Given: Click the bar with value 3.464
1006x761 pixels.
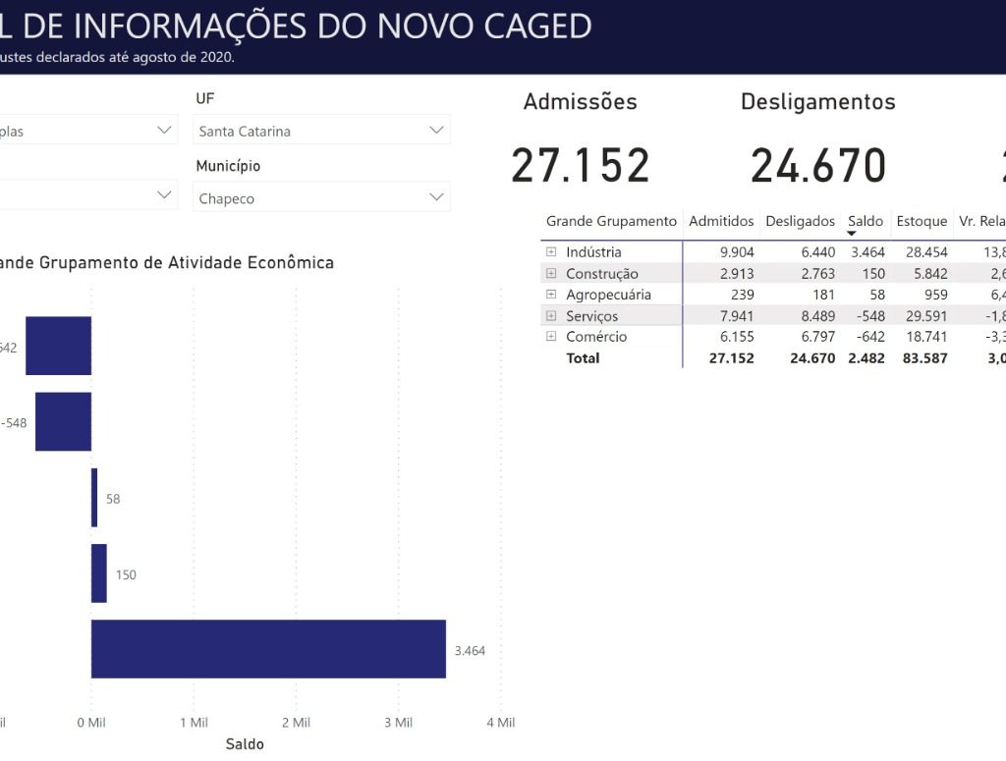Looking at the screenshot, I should [x=268, y=649].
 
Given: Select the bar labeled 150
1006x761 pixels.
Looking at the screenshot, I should [x=99, y=573].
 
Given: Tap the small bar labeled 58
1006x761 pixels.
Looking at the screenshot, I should [x=94, y=498].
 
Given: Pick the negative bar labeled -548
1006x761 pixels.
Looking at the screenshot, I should [x=63, y=421].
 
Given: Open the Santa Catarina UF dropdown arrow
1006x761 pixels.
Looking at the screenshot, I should [x=436, y=131].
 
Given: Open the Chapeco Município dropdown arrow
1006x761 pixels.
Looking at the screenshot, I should [x=436, y=198].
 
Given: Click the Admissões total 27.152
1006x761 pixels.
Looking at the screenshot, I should [x=581, y=166].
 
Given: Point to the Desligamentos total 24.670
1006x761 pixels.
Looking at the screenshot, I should [x=818, y=166].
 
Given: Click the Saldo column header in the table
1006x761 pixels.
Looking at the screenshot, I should [x=866, y=222].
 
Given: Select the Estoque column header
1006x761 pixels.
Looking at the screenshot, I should [x=922, y=222].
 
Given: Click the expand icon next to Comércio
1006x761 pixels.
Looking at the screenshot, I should [x=551, y=337].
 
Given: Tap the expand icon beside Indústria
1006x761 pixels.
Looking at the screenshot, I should [x=551, y=252].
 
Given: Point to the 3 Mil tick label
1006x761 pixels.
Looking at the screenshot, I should [x=398, y=723].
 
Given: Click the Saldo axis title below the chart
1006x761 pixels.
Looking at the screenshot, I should [x=245, y=744].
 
